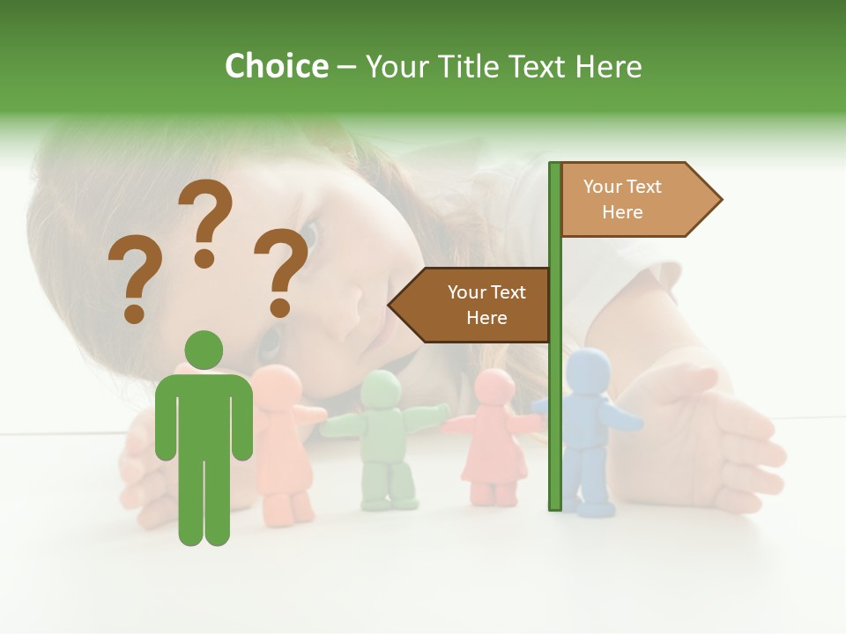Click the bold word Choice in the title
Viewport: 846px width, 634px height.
[276, 66]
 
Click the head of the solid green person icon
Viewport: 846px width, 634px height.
[204, 350]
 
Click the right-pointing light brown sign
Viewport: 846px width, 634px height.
[634, 200]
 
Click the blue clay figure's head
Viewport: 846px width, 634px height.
[589, 370]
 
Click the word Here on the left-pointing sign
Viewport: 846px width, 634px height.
[486, 318]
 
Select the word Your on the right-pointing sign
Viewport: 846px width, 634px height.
[603, 187]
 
